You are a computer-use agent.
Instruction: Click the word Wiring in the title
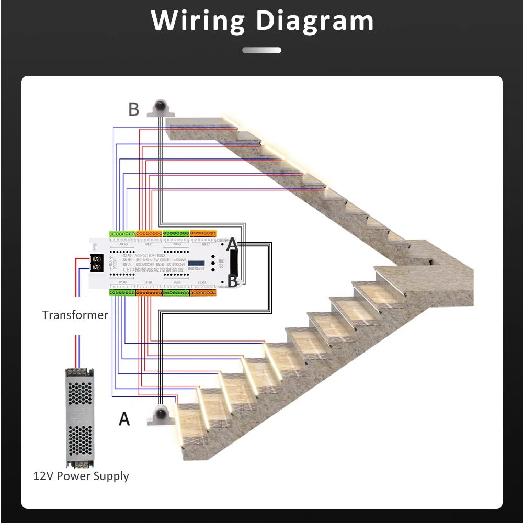click(198, 21)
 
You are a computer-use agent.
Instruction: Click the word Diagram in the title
click(315, 22)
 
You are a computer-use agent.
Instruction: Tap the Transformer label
click(75, 315)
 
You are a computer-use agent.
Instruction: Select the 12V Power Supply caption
click(81, 476)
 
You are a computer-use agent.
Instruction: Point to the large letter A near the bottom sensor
click(124, 419)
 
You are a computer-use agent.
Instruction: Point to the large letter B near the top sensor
click(134, 110)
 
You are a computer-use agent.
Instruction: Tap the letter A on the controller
click(232, 244)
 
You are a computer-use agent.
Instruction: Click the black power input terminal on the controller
click(96, 263)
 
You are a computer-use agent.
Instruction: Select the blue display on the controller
click(196, 264)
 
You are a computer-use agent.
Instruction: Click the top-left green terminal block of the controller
click(122, 233)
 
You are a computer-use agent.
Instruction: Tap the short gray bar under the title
click(261, 50)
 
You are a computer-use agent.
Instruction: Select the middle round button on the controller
click(213, 264)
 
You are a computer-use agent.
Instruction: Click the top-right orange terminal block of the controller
click(204, 233)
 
